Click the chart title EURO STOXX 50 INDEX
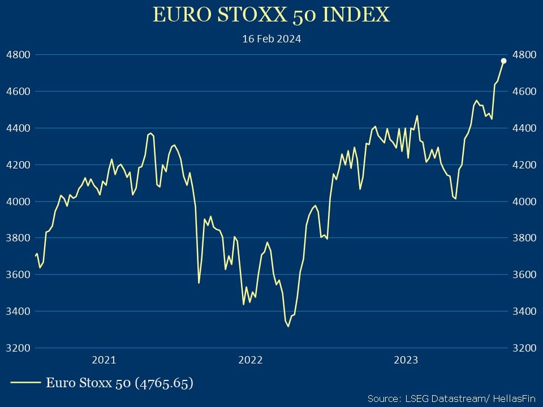(271, 15)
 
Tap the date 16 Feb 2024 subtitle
(271, 39)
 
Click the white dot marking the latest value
(503, 61)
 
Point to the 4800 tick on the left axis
(17, 55)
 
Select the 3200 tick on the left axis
(17, 348)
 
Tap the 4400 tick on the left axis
(17, 128)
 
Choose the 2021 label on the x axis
(104, 360)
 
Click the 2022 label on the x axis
(250, 360)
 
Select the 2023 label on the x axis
(406, 360)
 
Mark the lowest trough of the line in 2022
(288, 326)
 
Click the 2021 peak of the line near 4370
(150, 133)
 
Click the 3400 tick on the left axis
(17, 311)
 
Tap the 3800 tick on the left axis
(17, 238)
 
